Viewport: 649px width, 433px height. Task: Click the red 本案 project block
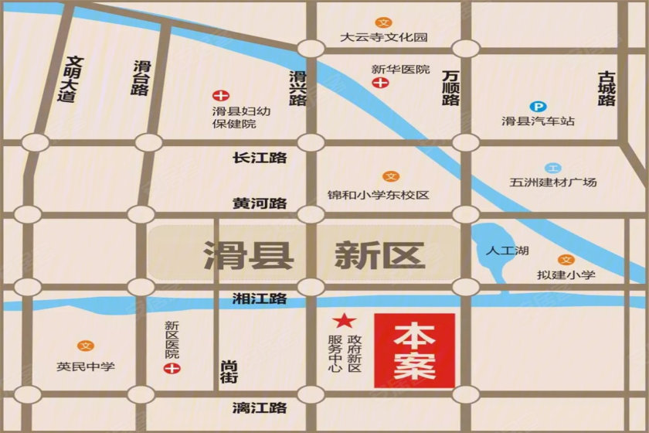click(414, 351)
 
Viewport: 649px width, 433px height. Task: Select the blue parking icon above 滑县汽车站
click(537, 107)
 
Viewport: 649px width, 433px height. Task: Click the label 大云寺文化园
click(384, 36)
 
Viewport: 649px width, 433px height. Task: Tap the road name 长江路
click(260, 158)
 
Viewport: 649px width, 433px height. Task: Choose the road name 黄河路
click(260, 203)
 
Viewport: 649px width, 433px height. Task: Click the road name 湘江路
click(260, 298)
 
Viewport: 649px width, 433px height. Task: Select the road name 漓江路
click(260, 407)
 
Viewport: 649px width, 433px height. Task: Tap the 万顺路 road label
click(451, 87)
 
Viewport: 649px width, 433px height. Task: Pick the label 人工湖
click(508, 251)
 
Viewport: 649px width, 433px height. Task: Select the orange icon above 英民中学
click(85, 346)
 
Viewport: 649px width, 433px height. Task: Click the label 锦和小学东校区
click(378, 195)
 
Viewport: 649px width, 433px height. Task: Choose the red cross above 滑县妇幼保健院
click(221, 97)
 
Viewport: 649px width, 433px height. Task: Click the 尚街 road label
click(229, 371)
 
